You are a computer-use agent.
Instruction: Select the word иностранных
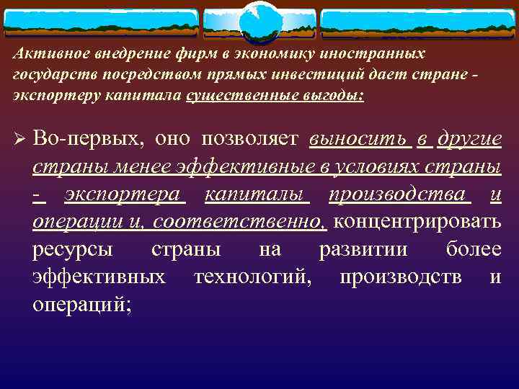(x=387, y=54)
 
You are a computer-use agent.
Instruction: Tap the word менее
(x=141, y=167)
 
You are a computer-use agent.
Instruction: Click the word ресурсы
(x=72, y=250)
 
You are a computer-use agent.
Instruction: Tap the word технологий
(x=253, y=277)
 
